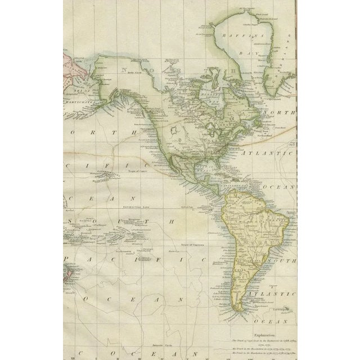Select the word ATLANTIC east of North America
(267, 152)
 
